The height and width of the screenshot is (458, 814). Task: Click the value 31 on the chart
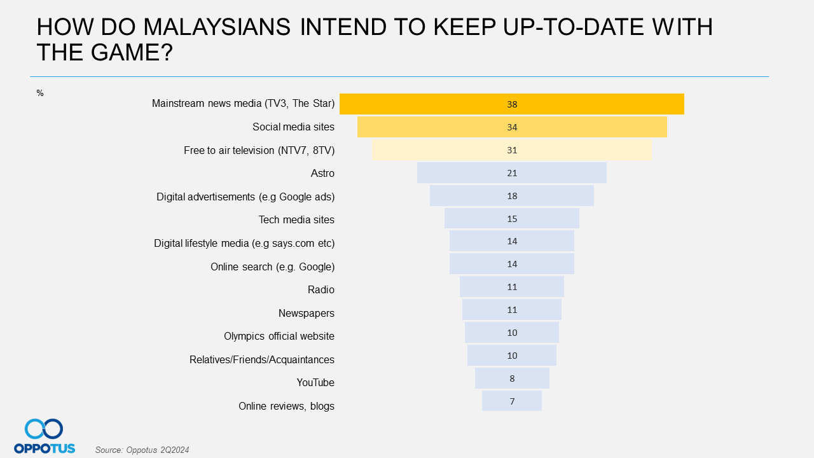click(x=512, y=150)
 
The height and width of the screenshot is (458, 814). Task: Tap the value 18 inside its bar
click(x=512, y=196)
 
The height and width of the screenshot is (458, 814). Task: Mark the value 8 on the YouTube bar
click(x=512, y=378)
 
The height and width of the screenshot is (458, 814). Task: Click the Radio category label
click(x=321, y=289)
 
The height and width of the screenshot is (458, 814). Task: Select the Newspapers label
click(x=306, y=313)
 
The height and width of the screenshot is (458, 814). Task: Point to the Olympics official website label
click(x=279, y=336)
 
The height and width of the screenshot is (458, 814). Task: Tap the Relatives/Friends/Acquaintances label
click(x=261, y=359)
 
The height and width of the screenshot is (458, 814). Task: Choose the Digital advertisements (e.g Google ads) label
click(x=245, y=197)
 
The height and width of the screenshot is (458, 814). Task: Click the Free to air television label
click(x=259, y=150)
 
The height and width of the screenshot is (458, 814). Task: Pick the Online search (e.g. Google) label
click(x=272, y=267)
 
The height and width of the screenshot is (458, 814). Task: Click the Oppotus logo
click(x=44, y=436)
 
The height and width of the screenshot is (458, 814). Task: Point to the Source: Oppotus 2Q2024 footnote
click(x=142, y=450)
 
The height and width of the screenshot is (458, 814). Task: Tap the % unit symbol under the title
click(x=40, y=94)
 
